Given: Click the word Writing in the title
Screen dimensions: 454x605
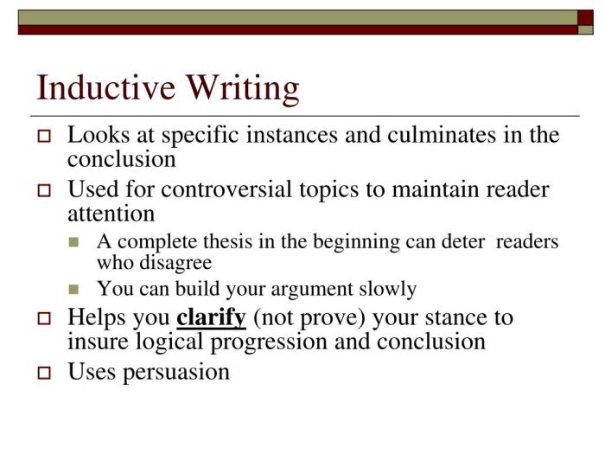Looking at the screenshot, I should [245, 90].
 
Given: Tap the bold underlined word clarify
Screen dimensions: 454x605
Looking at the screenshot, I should [212, 317].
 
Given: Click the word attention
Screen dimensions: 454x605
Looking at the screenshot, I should [111, 213].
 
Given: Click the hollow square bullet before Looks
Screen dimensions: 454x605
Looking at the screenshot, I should [46, 137].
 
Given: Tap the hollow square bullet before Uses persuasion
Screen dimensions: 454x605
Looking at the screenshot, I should [46, 374].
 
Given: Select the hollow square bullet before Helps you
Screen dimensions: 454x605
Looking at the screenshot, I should [46, 318].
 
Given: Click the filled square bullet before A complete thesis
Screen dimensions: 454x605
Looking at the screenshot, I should [74, 243].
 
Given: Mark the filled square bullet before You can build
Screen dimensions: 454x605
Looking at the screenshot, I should [74, 290].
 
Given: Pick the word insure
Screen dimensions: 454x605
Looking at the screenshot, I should [97, 342].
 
